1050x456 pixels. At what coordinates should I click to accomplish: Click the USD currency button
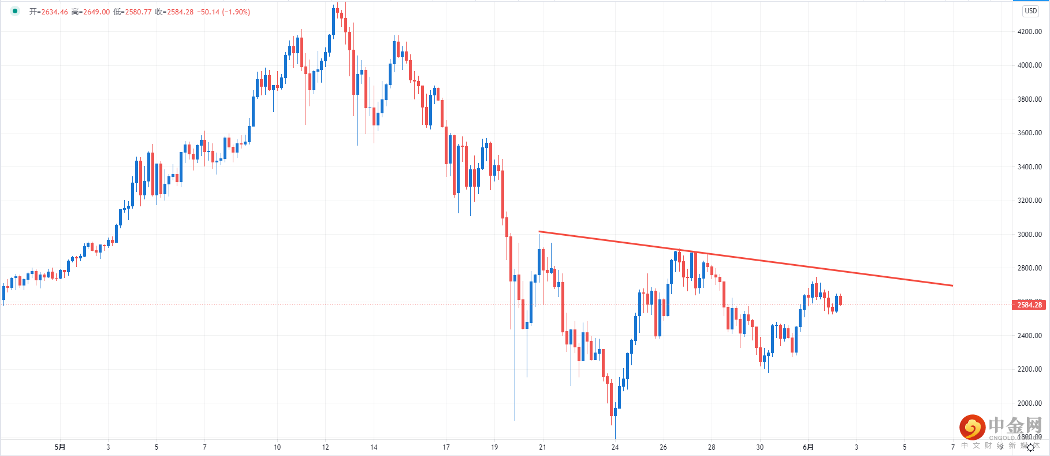pyautogui.click(x=1030, y=11)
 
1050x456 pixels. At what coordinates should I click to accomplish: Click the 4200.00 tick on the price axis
pyautogui.click(x=1029, y=32)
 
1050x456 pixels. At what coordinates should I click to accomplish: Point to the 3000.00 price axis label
pyautogui.click(x=1029, y=235)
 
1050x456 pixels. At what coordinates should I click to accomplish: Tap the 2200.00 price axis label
pyautogui.click(x=1029, y=369)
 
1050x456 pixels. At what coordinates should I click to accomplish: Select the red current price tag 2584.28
pyautogui.click(x=1029, y=305)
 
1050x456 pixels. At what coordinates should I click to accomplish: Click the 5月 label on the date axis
pyautogui.click(x=60, y=447)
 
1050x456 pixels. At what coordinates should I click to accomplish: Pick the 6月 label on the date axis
pyautogui.click(x=808, y=447)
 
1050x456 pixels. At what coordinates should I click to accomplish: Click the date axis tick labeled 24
pyautogui.click(x=615, y=447)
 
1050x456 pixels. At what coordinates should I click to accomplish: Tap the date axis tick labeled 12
pyautogui.click(x=325, y=447)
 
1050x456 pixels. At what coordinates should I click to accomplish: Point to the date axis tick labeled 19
pyautogui.click(x=494, y=447)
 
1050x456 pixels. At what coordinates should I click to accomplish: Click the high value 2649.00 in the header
pyautogui.click(x=96, y=12)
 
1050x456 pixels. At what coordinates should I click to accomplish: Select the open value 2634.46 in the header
pyautogui.click(x=54, y=12)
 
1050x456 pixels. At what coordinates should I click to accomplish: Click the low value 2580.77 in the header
pyautogui.click(x=138, y=12)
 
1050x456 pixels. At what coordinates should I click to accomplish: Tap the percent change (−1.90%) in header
pyautogui.click(x=236, y=12)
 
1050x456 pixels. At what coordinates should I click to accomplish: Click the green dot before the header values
pyautogui.click(x=15, y=12)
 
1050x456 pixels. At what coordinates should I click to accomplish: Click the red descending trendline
pyautogui.click(x=745, y=259)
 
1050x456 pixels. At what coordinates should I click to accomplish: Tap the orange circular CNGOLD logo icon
pyautogui.click(x=972, y=428)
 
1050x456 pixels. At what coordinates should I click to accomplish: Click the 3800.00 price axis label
pyautogui.click(x=1029, y=99)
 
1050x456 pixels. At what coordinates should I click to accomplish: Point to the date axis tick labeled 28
pyautogui.click(x=712, y=447)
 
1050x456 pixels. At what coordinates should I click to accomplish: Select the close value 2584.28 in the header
pyautogui.click(x=180, y=12)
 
